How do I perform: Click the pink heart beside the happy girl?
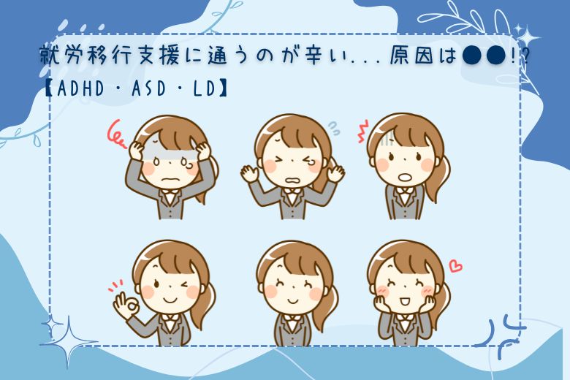[455, 266]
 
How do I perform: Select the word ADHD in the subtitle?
[81, 88]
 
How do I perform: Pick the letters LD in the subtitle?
[205, 88]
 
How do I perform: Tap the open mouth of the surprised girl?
[404, 178]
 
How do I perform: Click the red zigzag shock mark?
[362, 132]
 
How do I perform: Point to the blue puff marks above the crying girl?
[334, 128]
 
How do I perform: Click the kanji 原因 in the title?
[414, 57]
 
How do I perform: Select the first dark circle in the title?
[473, 56]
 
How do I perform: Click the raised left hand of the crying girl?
[250, 172]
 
